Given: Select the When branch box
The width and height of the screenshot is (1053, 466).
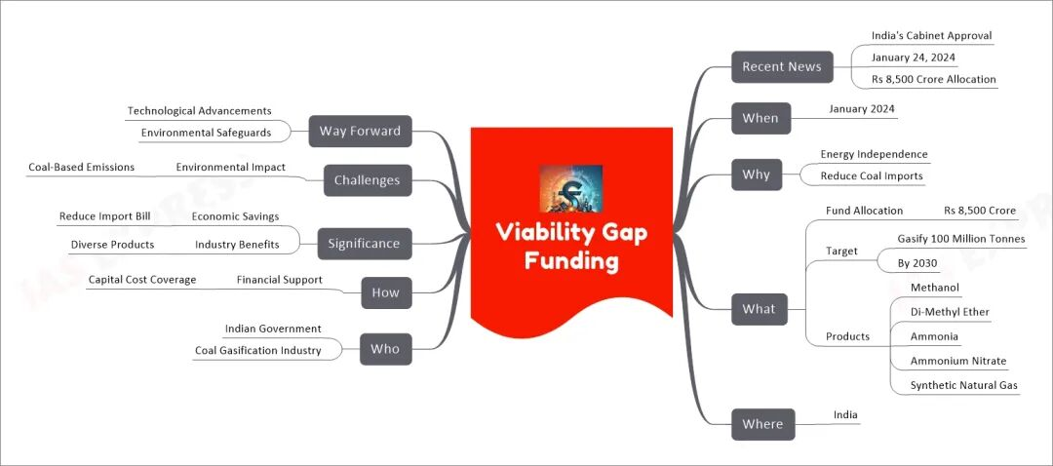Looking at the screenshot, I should tap(760, 118).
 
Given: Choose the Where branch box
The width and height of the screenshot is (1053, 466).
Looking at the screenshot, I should tap(762, 423).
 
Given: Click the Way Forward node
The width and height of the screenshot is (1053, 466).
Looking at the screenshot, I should tap(361, 131).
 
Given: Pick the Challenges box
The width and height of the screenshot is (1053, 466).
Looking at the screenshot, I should tap(367, 179).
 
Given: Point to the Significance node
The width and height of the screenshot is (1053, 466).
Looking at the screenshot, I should tap(365, 243).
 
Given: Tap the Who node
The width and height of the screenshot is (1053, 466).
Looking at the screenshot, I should tap(385, 349).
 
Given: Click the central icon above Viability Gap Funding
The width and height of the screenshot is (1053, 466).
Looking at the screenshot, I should tap(570, 188).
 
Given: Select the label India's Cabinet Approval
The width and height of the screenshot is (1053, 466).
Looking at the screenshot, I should tap(931, 36).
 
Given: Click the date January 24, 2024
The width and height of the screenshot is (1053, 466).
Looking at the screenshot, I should tap(913, 58).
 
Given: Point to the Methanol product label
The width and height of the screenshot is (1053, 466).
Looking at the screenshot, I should tap(934, 288).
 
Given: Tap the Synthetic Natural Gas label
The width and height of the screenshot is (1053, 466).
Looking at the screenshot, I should tap(963, 385).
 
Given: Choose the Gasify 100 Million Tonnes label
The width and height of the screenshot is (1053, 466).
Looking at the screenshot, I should tap(960, 239).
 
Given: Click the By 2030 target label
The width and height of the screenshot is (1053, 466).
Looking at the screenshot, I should tap(916, 263).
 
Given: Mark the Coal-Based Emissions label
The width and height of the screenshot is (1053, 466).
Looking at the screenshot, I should tap(81, 167).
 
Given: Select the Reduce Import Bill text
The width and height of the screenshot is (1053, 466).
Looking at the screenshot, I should tap(104, 215).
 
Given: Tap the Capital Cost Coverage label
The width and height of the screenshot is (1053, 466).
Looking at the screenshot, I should tap(141, 280).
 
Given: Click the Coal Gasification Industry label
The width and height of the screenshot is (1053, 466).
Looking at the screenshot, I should tap(257, 350).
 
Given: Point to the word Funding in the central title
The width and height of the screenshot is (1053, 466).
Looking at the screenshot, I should tap(570, 260).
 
